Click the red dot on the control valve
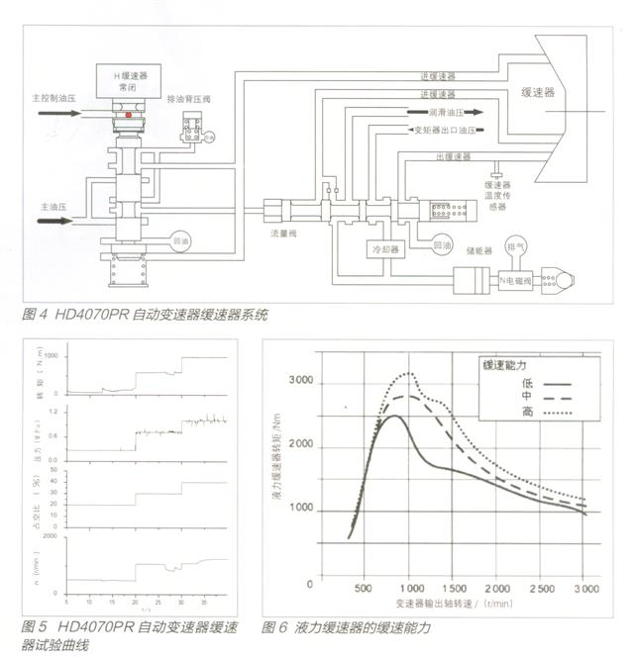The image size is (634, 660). pos(128,115)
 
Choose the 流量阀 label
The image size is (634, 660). pos(284,236)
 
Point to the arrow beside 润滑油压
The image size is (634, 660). pos(477,112)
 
